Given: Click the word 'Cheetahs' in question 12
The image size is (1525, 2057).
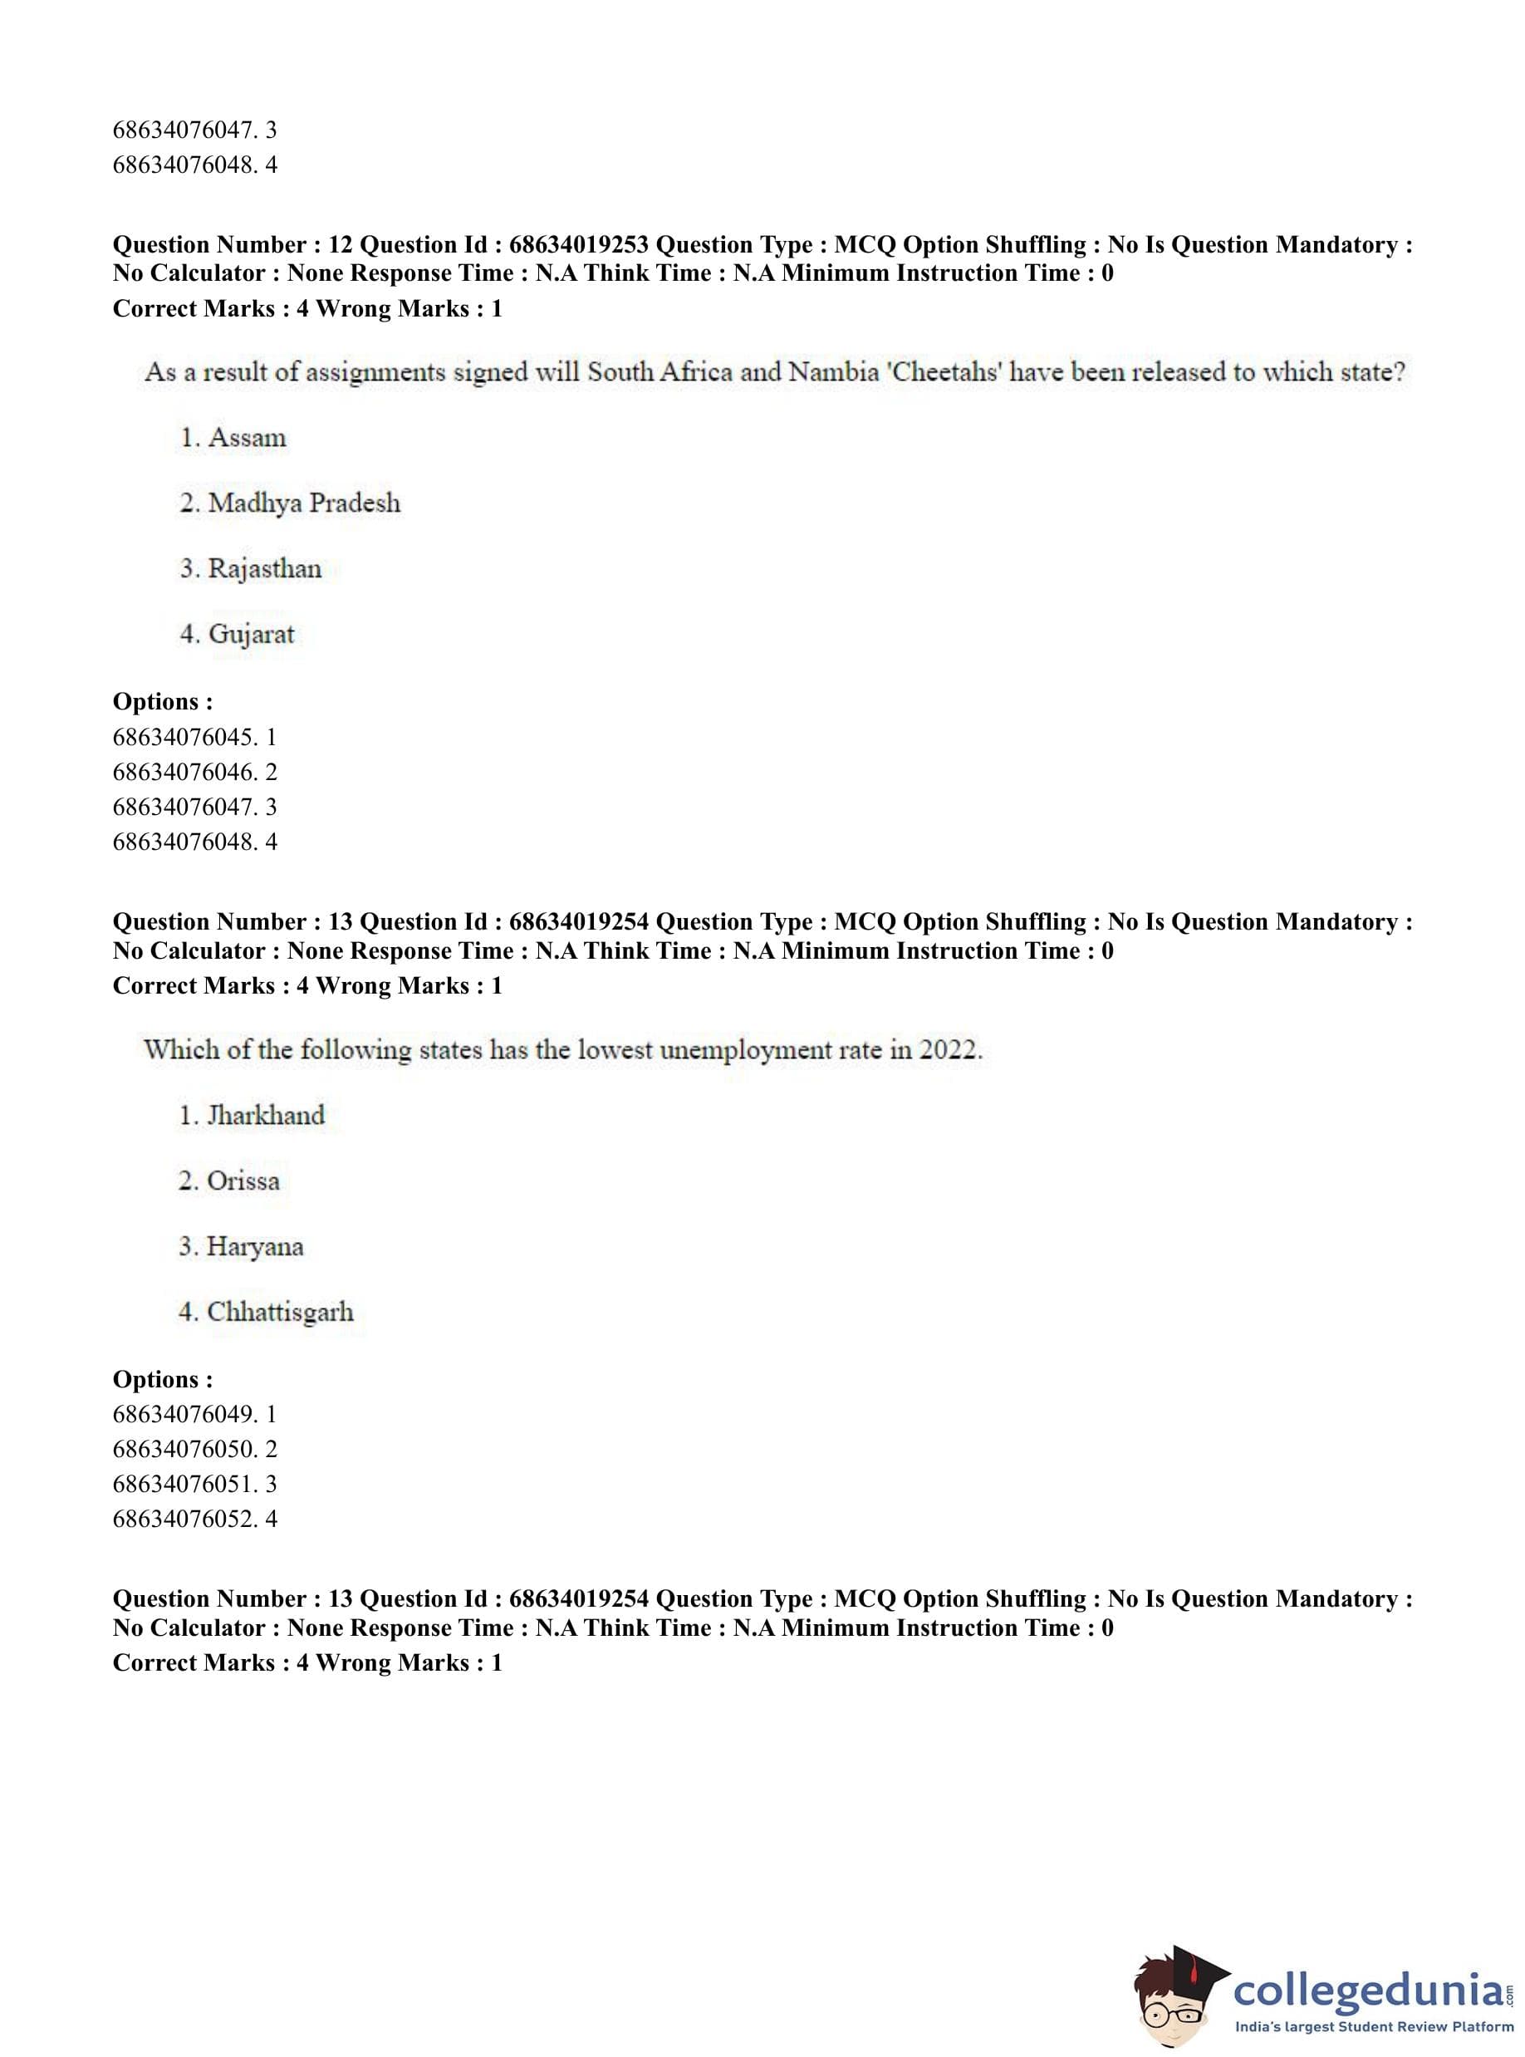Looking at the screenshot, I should pos(944,372).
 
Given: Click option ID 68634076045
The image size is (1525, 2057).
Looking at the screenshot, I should pos(194,737).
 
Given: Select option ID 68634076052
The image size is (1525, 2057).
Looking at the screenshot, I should pos(194,1519).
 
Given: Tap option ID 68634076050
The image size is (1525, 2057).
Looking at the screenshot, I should pos(194,1449).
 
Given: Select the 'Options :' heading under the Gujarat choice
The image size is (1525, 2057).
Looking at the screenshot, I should pos(163,702).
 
